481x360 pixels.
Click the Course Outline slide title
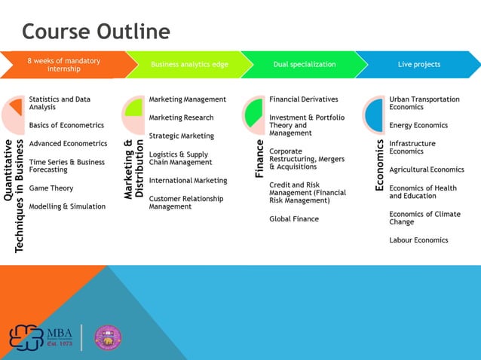96,31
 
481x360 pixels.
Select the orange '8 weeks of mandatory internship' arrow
63,65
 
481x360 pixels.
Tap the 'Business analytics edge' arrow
188,65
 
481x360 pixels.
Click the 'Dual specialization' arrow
304,65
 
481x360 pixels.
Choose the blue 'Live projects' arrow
419,65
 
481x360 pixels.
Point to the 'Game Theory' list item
51,188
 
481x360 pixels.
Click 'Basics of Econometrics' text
66,125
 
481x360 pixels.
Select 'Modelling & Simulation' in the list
67,206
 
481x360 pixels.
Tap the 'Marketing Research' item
181,117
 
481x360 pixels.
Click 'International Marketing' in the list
188,181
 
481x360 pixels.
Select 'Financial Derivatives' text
304,99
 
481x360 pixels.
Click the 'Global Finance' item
294,219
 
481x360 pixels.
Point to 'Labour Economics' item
418,240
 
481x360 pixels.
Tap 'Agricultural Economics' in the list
427,169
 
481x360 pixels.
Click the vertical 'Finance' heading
259,158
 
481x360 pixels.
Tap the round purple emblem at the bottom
108,337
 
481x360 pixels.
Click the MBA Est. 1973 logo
41,337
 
